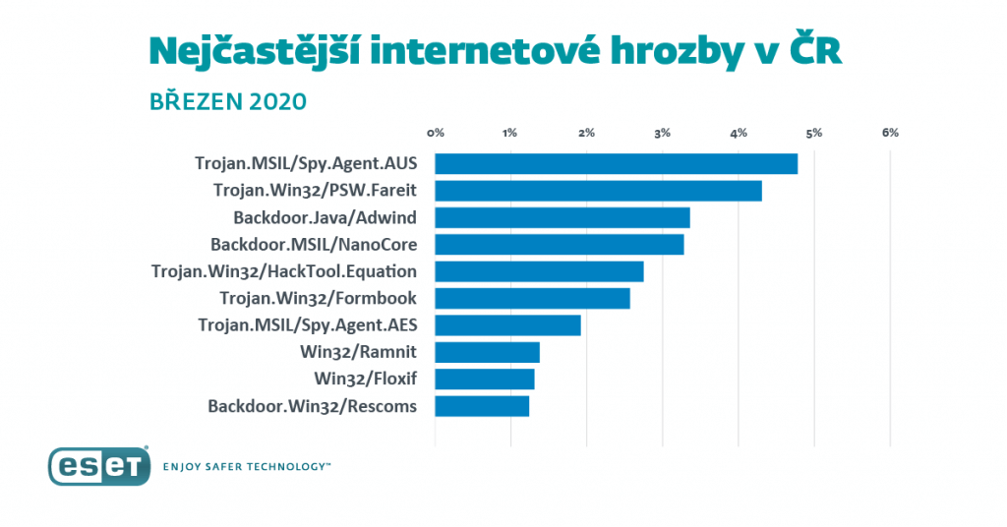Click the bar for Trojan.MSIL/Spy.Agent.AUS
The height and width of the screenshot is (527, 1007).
pos(616,163)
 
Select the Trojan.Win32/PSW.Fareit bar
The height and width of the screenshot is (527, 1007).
pos(598,191)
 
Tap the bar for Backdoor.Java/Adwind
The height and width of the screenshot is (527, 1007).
pos(562,217)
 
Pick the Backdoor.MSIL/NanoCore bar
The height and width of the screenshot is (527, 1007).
pos(559,245)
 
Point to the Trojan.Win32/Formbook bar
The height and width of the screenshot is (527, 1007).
pos(532,298)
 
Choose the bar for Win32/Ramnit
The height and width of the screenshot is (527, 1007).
pos(487,352)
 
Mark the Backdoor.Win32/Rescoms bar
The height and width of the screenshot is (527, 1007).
pos(482,406)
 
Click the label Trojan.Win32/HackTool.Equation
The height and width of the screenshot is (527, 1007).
pos(284,271)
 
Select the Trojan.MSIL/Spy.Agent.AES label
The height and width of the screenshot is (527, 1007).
pos(307,325)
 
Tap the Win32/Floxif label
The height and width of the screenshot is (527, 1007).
pos(365,380)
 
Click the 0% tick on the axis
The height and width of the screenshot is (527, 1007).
pos(436,132)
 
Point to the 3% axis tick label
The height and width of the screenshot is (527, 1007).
pos(663,132)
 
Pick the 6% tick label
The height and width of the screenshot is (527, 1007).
pos(890,132)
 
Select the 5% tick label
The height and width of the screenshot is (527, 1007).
pos(814,132)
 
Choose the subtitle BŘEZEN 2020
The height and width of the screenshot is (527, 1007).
pos(228,101)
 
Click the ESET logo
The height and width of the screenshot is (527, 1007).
pos(98,466)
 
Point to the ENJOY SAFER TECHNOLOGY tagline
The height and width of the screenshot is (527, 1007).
pos(247,468)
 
